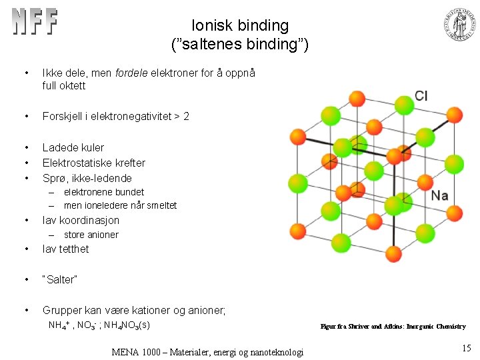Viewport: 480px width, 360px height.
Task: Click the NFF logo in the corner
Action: point(35,22)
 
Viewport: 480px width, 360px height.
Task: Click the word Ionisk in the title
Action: point(213,26)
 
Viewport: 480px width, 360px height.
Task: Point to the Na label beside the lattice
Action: point(439,195)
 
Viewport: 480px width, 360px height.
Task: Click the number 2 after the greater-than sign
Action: point(186,116)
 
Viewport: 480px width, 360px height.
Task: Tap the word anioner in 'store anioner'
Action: point(103,235)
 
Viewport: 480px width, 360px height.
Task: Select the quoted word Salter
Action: point(60,279)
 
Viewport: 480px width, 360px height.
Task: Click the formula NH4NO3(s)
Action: point(126,325)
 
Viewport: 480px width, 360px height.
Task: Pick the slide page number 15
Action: point(465,347)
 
